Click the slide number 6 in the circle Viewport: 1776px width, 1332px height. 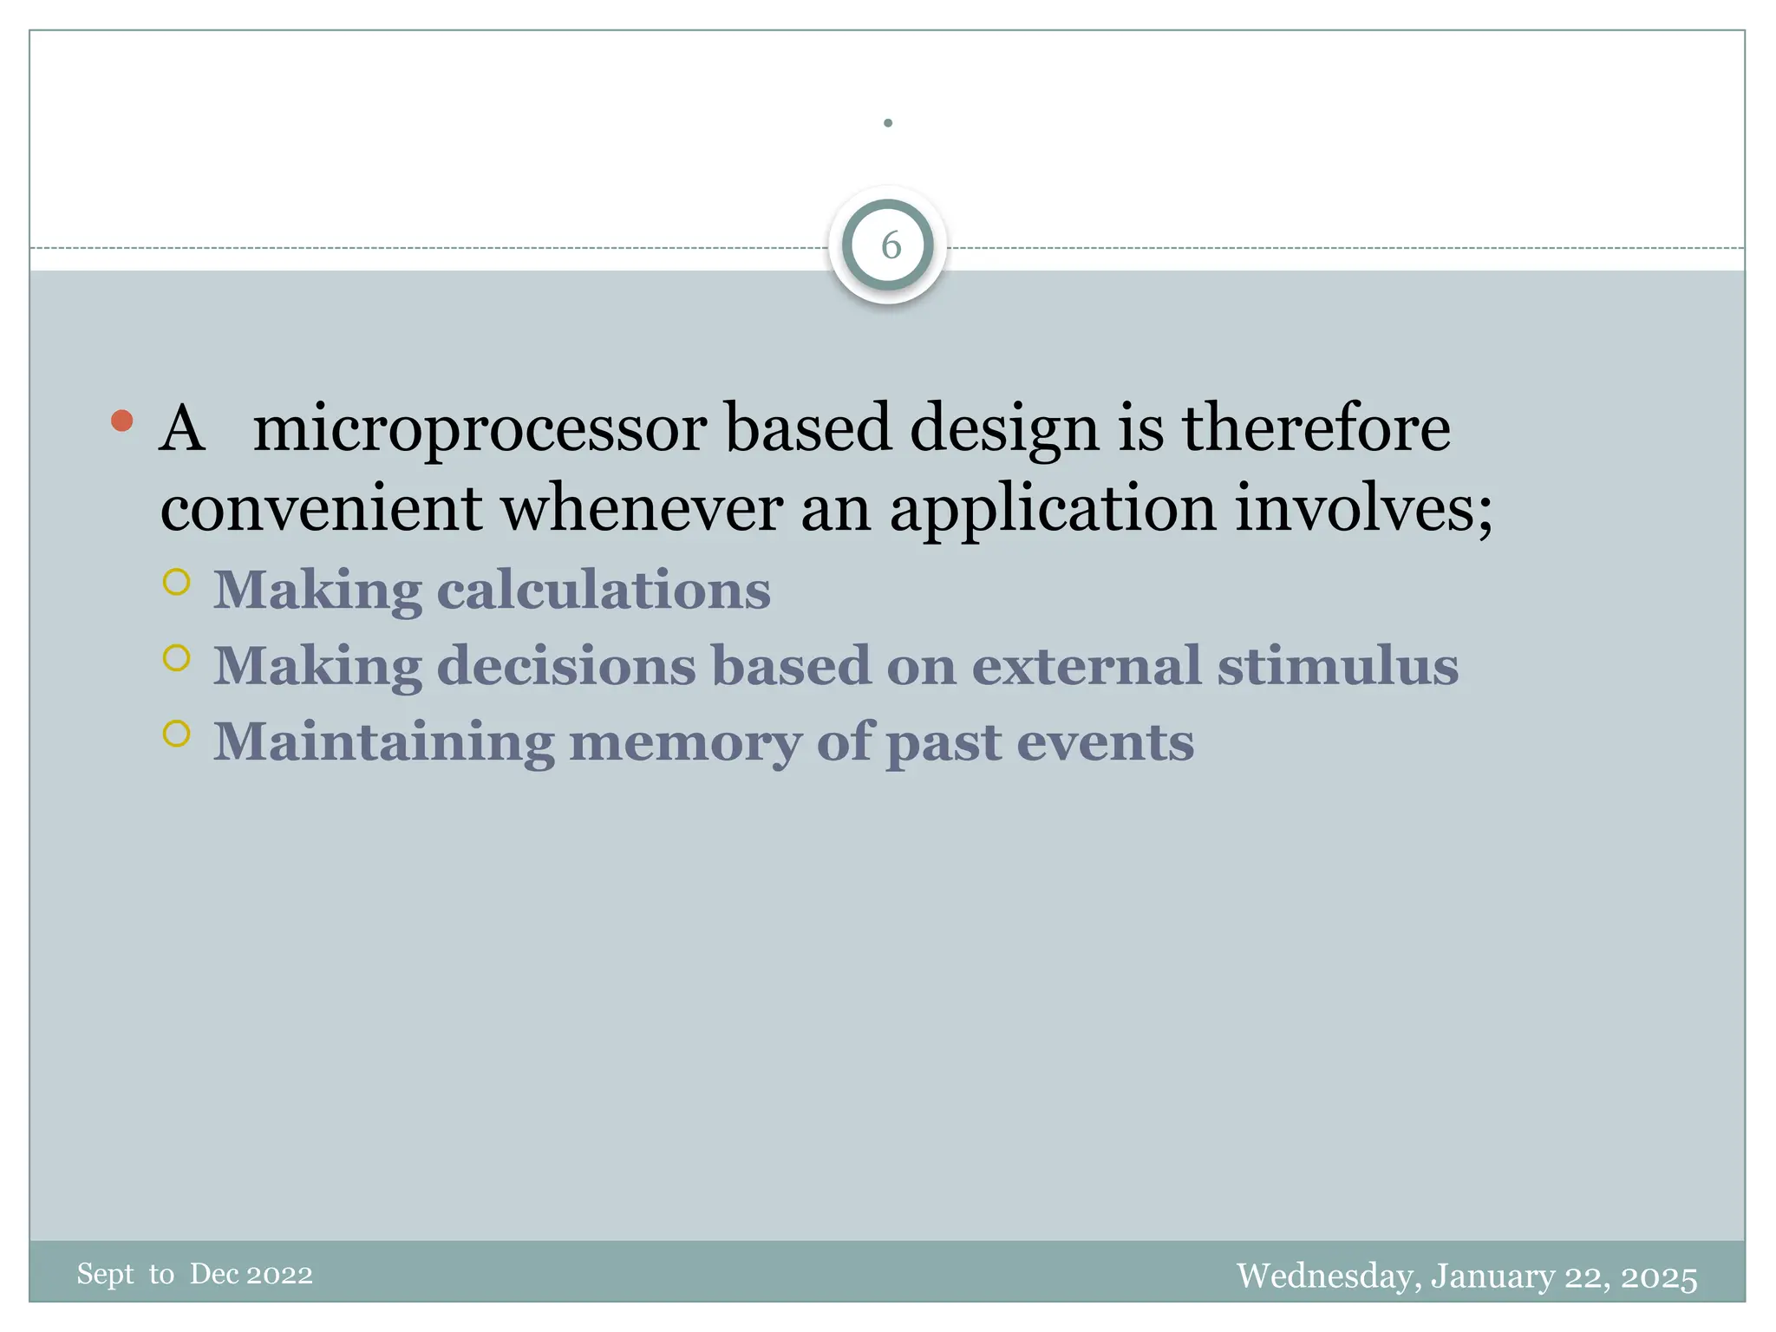[x=891, y=246]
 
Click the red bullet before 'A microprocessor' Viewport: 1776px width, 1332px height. [x=122, y=421]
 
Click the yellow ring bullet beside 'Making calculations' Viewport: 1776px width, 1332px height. [x=176, y=583]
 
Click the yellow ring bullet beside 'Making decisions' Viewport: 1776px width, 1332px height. [x=176, y=659]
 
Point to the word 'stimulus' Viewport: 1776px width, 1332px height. [x=1337, y=666]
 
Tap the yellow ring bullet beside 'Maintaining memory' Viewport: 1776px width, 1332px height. [x=176, y=735]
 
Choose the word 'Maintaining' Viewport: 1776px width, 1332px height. [x=383, y=742]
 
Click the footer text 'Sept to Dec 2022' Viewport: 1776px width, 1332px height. [x=194, y=1274]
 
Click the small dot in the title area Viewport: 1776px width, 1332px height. [x=888, y=123]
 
